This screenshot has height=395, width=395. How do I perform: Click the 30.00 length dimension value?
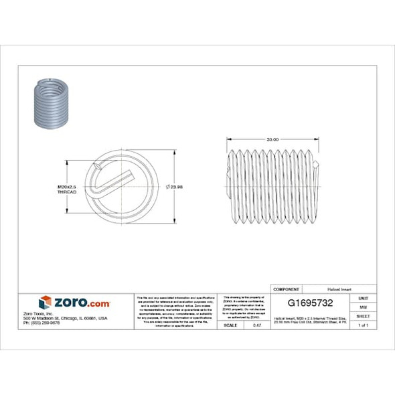click(x=272, y=140)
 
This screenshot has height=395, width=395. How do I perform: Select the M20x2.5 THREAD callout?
click(x=66, y=189)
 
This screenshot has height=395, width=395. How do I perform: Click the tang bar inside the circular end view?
click(x=114, y=182)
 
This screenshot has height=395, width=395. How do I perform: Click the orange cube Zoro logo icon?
click(x=45, y=302)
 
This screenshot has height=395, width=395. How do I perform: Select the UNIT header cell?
click(x=363, y=298)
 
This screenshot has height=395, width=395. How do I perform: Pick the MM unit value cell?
click(x=363, y=307)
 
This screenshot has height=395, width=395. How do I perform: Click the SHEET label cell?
click(x=363, y=315)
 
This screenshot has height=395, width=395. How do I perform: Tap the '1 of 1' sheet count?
click(x=363, y=325)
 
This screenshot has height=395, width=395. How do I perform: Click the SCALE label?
click(x=230, y=325)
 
